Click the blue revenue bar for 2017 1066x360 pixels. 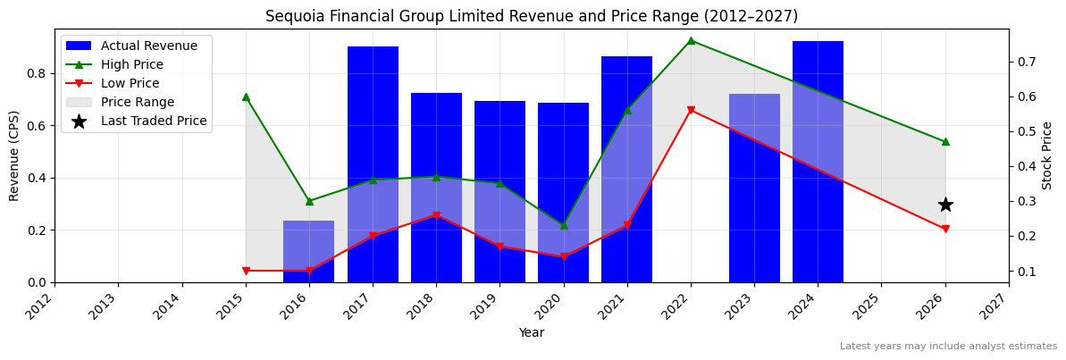pyautogui.click(x=373, y=164)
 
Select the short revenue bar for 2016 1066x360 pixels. pyautogui.click(x=309, y=252)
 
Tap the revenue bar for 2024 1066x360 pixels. pyautogui.click(x=818, y=162)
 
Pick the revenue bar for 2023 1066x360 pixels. pyautogui.click(x=754, y=188)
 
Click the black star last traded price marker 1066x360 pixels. pyautogui.click(x=945, y=205)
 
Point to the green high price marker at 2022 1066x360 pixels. pyautogui.click(x=691, y=40)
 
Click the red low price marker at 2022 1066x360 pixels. pyautogui.click(x=691, y=110)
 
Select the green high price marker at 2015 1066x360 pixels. pyautogui.click(x=246, y=96)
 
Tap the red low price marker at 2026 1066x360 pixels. pyautogui.click(x=945, y=229)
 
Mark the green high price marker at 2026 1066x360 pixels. pyautogui.click(x=945, y=141)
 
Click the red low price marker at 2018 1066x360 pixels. pyautogui.click(x=436, y=215)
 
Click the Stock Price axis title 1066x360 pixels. pyautogui.click(x=1047, y=155)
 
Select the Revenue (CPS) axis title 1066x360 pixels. pyautogui.click(x=14, y=155)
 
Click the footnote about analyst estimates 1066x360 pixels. pyautogui.click(x=948, y=347)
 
